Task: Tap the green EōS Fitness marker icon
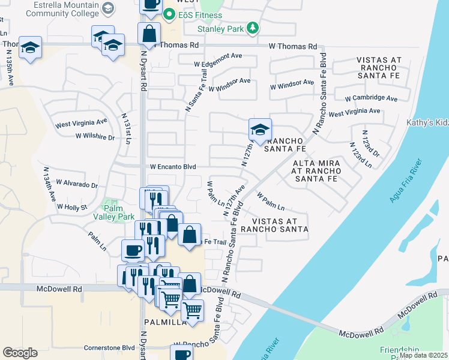[169, 14]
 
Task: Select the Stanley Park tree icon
[253, 28]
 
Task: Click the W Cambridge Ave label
[371, 98]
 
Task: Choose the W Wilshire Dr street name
[95, 137]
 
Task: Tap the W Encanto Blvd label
[173, 167]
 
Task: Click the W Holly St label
[72, 207]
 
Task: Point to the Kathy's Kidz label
[427, 123]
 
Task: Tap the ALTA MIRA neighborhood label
[316, 163]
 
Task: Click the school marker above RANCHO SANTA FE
[260, 130]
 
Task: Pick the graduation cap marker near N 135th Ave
[29, 48]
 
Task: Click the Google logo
[20, 353]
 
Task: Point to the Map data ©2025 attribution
[423, 355]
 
